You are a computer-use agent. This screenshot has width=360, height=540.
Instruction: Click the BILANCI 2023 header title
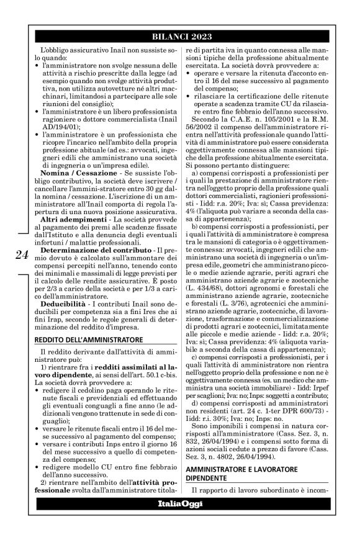[179, 35]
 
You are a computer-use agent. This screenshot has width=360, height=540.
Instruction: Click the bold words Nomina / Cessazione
[70, 152]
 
